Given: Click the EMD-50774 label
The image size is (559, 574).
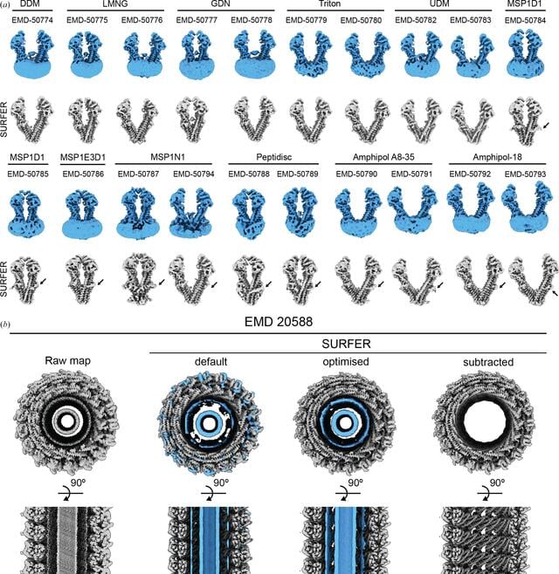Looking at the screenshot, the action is click(32, 20).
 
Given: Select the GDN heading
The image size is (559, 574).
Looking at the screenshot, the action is click(221, 3).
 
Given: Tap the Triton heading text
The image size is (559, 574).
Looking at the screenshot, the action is click(330, 3).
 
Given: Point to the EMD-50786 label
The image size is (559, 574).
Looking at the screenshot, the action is click(83, 174).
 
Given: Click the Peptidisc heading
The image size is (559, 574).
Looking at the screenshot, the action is click(273, 157).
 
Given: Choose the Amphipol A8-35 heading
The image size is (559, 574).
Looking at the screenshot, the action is click(383, 157).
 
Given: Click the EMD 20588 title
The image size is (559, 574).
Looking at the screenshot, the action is click(279, 322).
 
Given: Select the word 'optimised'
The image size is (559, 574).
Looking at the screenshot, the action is click(346, 362).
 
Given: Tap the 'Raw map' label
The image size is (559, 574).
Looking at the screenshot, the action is click(68, 360).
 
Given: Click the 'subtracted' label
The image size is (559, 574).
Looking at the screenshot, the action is click(488, 362).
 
